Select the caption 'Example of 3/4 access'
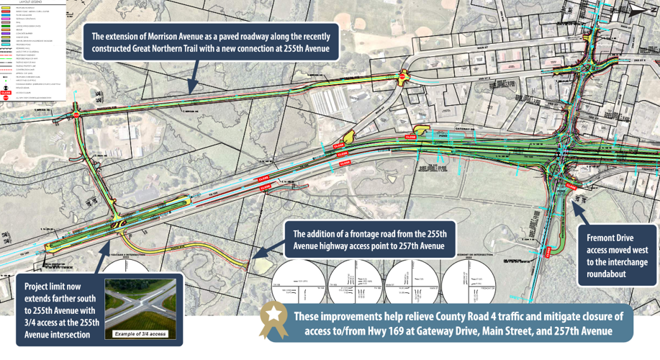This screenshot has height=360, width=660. [x=140, y=334]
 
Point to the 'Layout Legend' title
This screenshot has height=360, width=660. [x=32, y=3]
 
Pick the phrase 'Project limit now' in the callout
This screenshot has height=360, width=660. [x=55, y=284]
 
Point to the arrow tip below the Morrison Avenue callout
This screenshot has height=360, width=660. [x=191, y=89]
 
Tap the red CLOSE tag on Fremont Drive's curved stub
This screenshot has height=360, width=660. [x=571, y=185]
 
